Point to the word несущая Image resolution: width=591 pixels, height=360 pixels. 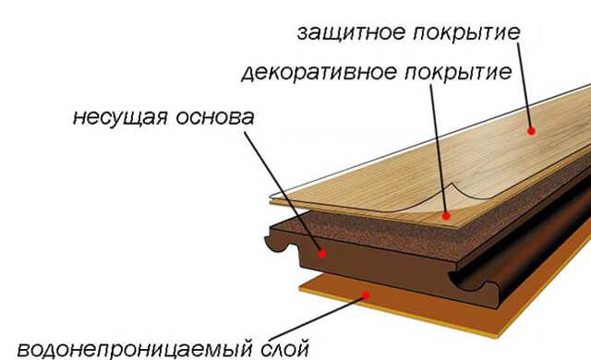119,119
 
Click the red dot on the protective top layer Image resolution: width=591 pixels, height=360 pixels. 531,131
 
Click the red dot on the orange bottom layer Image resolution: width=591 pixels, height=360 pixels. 368,294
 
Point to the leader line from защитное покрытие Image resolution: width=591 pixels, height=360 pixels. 522,88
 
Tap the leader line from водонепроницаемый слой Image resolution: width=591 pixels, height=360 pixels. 323,318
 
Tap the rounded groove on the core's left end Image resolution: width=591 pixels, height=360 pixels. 277,242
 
